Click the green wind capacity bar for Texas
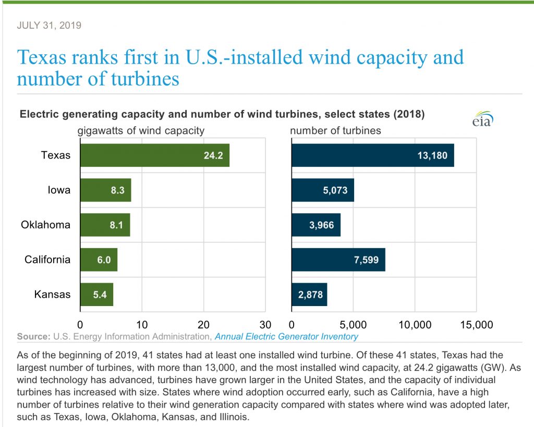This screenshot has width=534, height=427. click(155, 155)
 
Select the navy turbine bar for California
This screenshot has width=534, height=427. click(338, 260)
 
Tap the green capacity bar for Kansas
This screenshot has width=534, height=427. click(96, 295)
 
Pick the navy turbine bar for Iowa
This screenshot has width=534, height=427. click(323, 190)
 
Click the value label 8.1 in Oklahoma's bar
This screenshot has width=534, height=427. click(116, 225)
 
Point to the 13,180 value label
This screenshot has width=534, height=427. click(432, 155)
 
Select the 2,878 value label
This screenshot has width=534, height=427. click(310, 295)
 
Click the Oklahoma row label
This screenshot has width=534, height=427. click(46, 225)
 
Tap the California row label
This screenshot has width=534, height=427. click(47, 260)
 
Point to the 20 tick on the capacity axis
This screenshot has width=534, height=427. click(204, 324)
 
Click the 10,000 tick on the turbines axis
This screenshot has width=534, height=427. click(415, 324)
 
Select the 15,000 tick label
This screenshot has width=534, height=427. click(477, 324)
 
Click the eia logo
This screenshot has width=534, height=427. click(482, 119)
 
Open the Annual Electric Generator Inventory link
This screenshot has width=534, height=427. click(286, 336)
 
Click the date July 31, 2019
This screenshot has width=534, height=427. click(49, 25)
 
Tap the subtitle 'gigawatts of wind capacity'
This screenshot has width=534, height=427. click(141, 131)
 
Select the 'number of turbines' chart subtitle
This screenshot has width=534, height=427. click(335, 130)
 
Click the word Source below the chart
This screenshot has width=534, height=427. click(34, 336)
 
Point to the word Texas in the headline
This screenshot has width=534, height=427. click(42, 57)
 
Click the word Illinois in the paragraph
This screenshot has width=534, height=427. click(234, 417)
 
